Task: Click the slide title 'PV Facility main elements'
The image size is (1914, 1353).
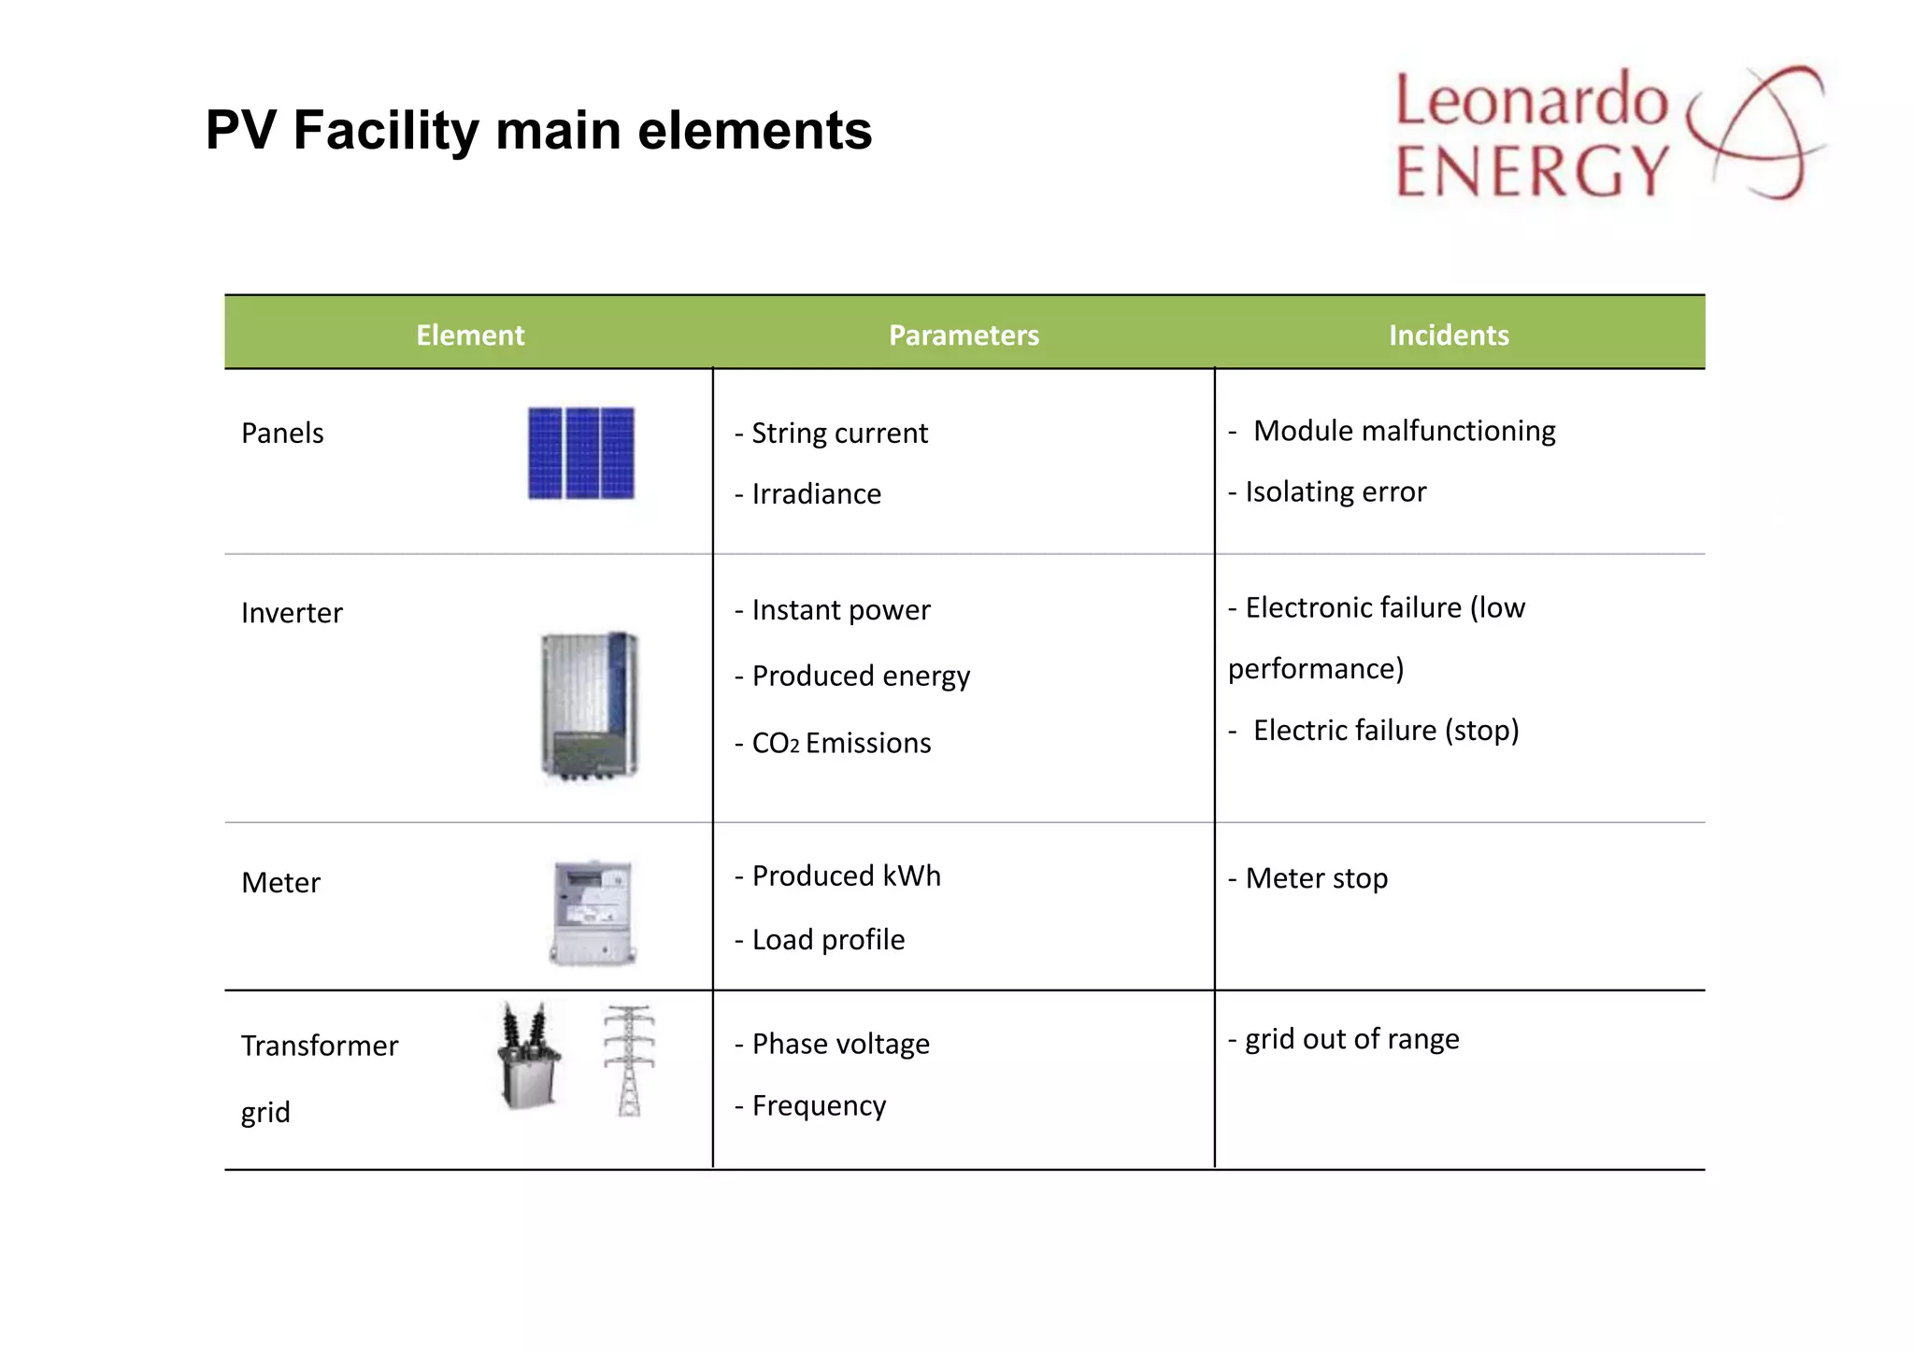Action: pos(538,130)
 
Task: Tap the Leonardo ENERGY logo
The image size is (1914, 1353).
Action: pos(1607,134)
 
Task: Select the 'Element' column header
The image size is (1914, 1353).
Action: pos(470,335)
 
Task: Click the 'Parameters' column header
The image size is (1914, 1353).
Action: pos(964,335)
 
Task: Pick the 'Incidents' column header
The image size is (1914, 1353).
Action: pos(1449,335)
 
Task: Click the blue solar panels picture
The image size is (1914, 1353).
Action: pos(580,453)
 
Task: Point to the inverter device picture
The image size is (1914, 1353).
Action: pos(589,705)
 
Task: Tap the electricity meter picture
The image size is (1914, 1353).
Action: pos(593,913)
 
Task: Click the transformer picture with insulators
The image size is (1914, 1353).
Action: pos(529,1056)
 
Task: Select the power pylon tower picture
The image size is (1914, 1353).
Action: pos(629,1061)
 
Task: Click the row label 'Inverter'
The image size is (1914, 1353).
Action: pos(292,613)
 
